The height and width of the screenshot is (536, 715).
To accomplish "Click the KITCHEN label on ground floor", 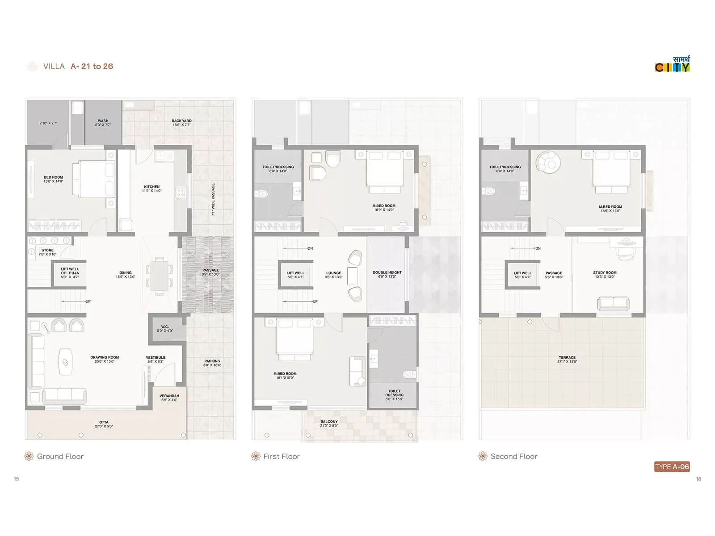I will coord(151,188).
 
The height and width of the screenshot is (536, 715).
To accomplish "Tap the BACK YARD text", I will coord(181,123).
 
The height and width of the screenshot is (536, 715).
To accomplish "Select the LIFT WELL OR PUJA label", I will coord(70,273).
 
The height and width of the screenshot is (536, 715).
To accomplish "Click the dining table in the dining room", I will coord(159,276).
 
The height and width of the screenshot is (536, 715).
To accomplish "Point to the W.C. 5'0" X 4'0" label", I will coord(165,329).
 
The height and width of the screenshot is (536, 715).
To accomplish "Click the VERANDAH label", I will coord(169,398).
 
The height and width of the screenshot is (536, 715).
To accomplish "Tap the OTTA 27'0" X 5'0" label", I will coord(104,424).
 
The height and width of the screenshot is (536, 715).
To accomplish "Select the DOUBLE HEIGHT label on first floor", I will coord(387,274).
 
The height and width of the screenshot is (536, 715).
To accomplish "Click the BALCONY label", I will coord(329,423).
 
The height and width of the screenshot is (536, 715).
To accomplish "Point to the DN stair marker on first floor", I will coord(310,248).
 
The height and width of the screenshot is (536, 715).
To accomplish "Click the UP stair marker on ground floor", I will coord(88,301).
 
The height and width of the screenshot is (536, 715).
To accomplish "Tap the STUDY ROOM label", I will coord(605,274).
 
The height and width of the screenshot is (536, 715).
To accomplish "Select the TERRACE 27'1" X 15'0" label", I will coord(567,360).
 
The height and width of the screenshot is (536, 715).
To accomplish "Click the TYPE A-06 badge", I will coord(672,467).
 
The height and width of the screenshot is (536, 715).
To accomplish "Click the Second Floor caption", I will coord(513,456).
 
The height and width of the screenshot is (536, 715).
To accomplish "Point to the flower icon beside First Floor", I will coord(256,456).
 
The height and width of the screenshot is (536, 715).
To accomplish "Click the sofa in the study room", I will coord(613,304).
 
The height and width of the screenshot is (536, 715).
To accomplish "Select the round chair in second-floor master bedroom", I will coord(548,162).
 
